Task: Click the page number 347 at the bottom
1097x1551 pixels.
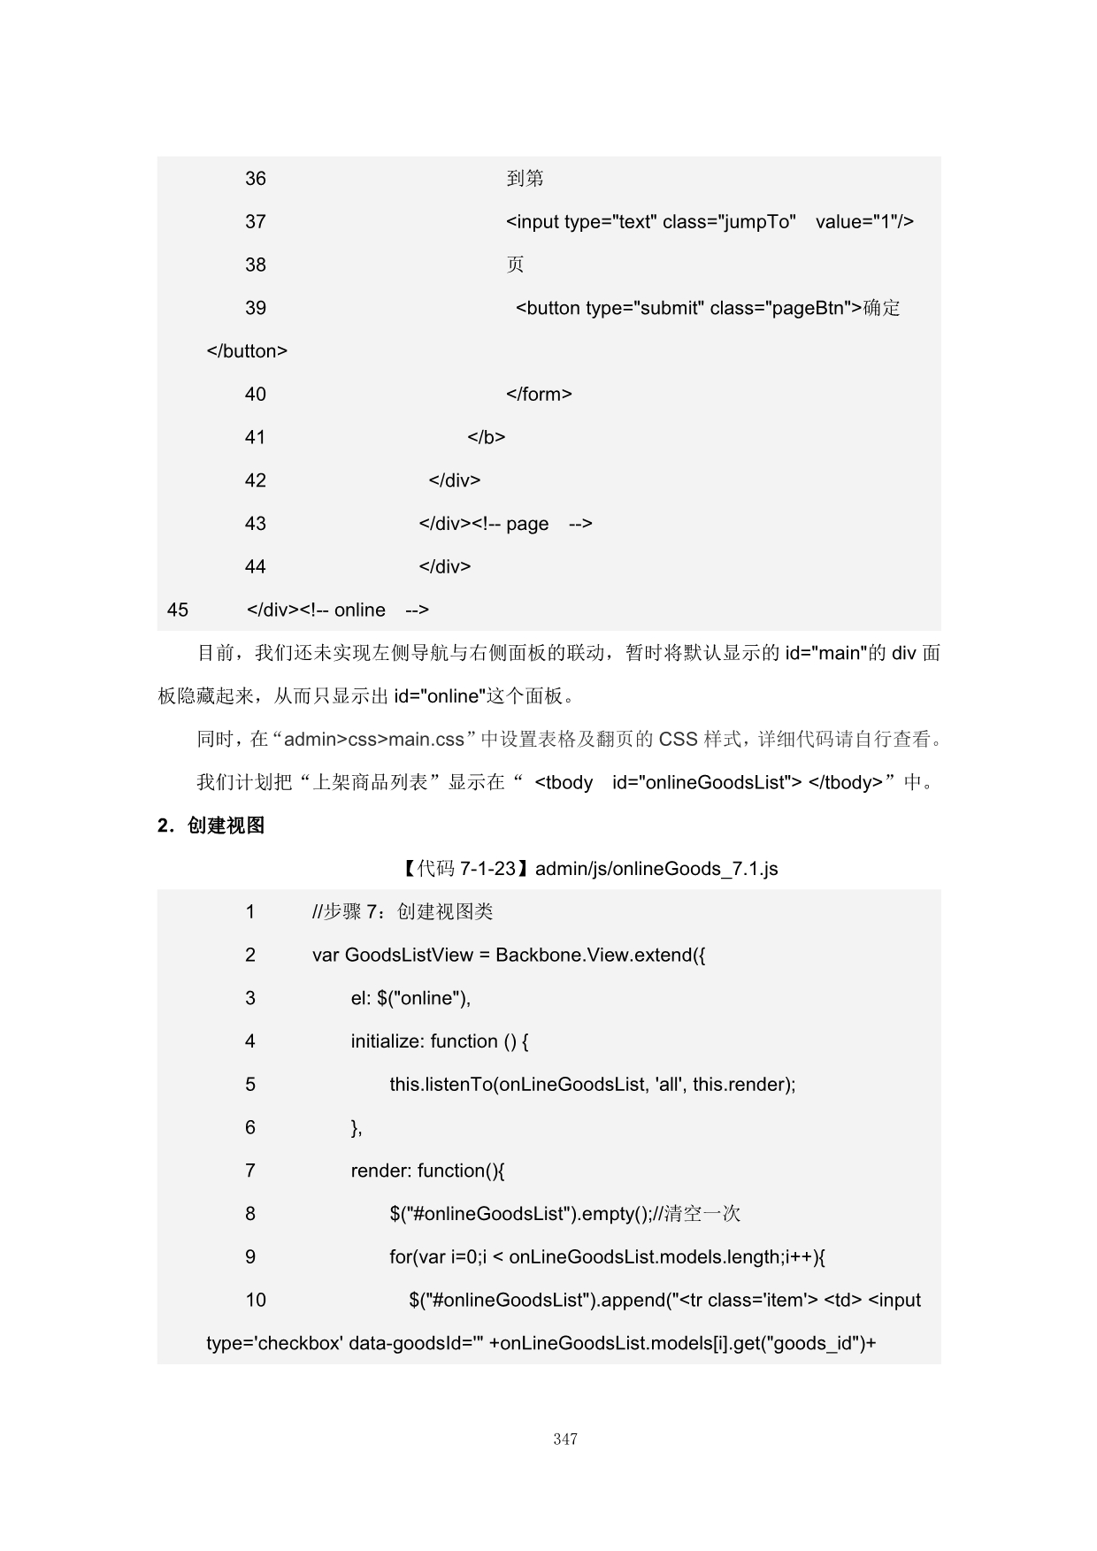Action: tap(565, 1440)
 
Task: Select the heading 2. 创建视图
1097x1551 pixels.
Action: tap(211, 825)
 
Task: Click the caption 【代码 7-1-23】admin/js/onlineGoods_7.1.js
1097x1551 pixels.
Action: tap(590, 869)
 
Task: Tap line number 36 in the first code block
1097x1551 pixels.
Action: tap(256, 179)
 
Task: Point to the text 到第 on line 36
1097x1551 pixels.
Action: tap(525, 179)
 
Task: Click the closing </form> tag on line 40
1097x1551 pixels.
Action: tap(539, 395)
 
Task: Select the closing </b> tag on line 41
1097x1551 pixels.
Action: tap(487, 437)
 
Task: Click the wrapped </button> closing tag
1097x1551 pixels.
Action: tap(247, 351)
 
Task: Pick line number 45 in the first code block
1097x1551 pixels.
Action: tap(178, 610)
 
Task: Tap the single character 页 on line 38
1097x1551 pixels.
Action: tap(515, 265)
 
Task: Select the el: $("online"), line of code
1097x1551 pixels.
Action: tap(410, 999)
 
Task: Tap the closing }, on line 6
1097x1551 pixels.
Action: tap(357, 1128)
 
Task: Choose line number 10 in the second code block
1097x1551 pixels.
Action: tap(256, 1301)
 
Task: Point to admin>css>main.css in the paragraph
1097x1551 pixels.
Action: tap(374, 740)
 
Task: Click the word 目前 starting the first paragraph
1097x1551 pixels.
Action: tap(216, 654)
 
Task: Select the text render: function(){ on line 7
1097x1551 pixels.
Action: tap(427, 1171)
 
